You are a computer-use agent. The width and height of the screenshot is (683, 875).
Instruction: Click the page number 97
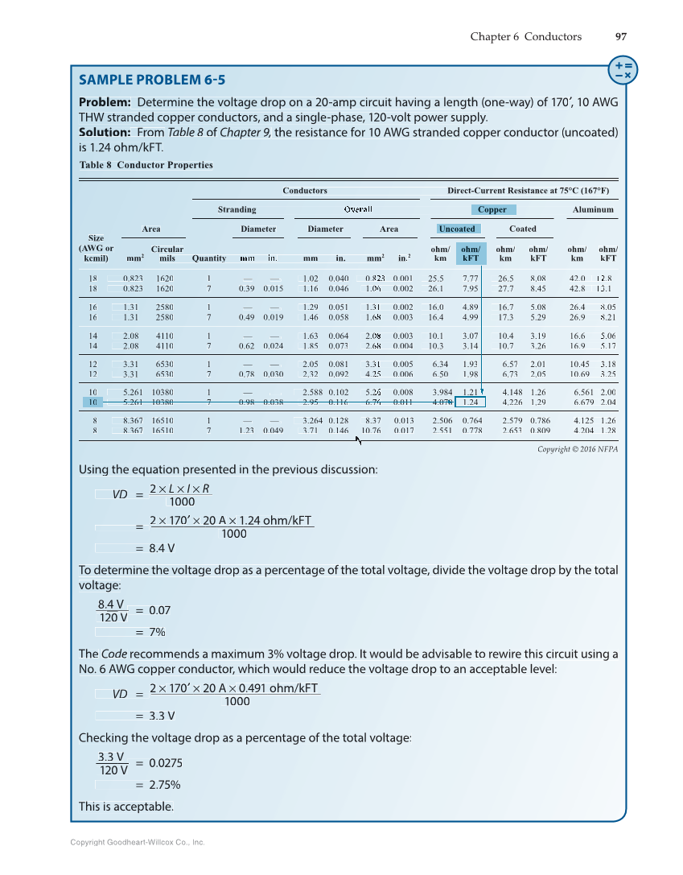620,36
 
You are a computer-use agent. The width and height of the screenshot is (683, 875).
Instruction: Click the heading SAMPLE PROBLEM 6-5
152,80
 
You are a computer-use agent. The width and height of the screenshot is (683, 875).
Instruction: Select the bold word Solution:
105,131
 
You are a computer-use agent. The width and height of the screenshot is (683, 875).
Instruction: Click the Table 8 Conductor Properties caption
146,165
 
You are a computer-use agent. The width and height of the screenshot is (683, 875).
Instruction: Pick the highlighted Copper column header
492,209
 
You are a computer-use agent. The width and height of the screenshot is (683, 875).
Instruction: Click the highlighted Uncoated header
456,229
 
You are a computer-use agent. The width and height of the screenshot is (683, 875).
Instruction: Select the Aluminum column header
593,209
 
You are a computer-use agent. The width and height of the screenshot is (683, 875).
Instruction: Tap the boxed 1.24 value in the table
471,402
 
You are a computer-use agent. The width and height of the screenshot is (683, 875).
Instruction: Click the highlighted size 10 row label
94,402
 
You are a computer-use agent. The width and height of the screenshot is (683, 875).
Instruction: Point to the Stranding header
237,209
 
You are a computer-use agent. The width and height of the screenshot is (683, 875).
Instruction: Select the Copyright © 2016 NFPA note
577,449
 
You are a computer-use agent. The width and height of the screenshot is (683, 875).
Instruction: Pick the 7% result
158,632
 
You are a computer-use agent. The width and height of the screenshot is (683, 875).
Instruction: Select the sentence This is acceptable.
125,807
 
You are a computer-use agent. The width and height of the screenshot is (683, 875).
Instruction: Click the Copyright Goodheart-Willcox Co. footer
138,842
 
